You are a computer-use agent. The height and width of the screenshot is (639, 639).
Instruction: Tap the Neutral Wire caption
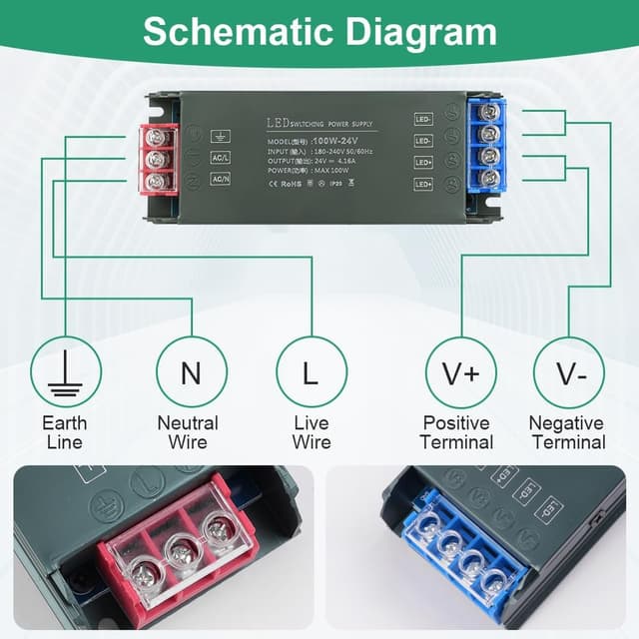coord(188,432)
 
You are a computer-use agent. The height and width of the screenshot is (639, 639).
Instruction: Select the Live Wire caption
coord(311,432)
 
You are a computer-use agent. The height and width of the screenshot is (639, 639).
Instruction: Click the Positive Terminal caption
coord(457,432)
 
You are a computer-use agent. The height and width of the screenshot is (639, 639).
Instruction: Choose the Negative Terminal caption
coord(566,432)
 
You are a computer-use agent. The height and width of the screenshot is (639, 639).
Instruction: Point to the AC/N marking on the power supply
coord(221,179)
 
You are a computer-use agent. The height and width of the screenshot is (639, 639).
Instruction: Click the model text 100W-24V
coord(335,141)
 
